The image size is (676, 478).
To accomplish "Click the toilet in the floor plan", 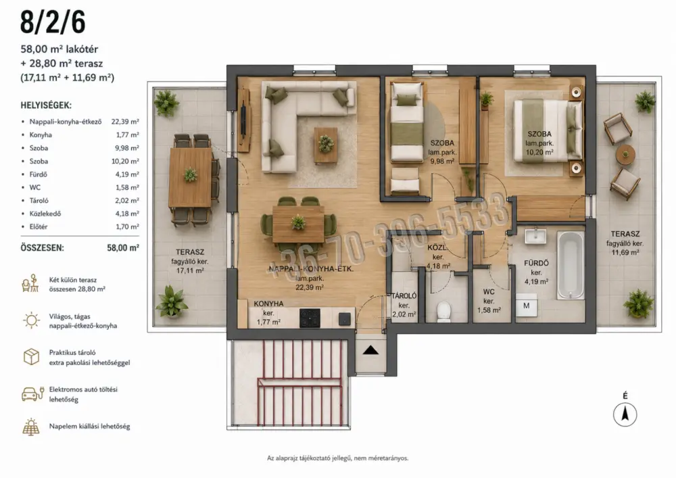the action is (x=443, y=311).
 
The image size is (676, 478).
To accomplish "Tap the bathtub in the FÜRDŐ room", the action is (x=571, y=266).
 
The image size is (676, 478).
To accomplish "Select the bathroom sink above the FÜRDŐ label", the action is (x=535, y=236).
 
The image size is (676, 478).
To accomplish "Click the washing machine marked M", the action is (x=527, y=306).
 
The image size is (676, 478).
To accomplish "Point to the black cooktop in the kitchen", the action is (x=310, y=318).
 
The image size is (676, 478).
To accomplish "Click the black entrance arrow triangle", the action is (x=370, y=350).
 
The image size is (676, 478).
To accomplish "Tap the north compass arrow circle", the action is (x=625, y=414).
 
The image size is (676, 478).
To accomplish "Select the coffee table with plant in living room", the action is (x=326, y=145).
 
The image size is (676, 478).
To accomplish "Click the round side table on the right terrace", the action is (x=625, y=154).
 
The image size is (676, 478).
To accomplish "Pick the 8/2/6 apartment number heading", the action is (x=53, y=22).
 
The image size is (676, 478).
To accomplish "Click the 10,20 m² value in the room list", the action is (x=125, y=161).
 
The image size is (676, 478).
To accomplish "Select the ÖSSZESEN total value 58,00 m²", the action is (x=123, y=248).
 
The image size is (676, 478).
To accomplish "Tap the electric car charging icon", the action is (x=32, y=394).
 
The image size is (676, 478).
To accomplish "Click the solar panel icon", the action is (x=31, y=426).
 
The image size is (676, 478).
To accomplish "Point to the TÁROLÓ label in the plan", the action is (x=404, y=296).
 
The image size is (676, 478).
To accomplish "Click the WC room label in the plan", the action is (x=489, y=292).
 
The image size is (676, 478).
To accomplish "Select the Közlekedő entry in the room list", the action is (x=45, y=214).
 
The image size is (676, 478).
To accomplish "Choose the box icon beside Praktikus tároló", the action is (x=31, y=357).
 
